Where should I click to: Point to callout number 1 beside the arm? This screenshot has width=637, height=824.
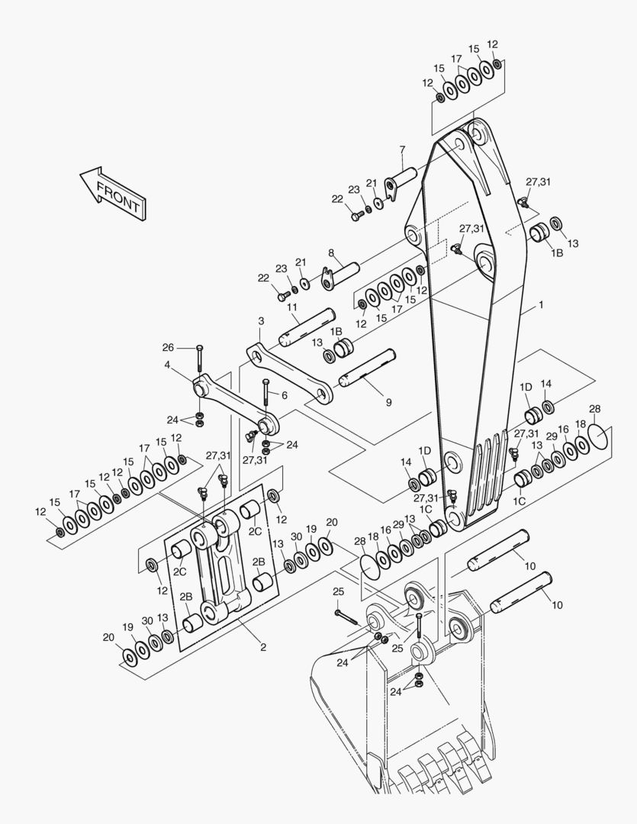[x=541, y=304]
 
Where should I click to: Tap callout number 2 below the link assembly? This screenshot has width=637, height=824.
[x=263, y=648]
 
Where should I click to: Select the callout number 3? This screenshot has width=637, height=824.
[x=261, y=322]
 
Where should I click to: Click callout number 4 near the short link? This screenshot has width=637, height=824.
[x=167, y=365]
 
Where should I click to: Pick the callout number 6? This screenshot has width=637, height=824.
[x=285, y=395]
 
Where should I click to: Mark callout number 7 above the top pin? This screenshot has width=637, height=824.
[x=403, y=150]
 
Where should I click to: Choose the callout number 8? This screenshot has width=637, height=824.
[x=331, y=253]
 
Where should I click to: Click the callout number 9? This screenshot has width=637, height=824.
[x=388, y=401]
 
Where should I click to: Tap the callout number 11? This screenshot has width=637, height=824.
[x=293, y=307]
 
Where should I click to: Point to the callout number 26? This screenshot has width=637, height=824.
[x=168, y=348]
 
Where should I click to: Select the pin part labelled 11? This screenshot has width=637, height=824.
[x=305, y=326]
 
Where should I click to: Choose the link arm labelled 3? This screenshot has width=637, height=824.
[x=291, y=374]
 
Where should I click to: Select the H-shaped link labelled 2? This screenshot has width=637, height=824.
[x=220, y=568]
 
